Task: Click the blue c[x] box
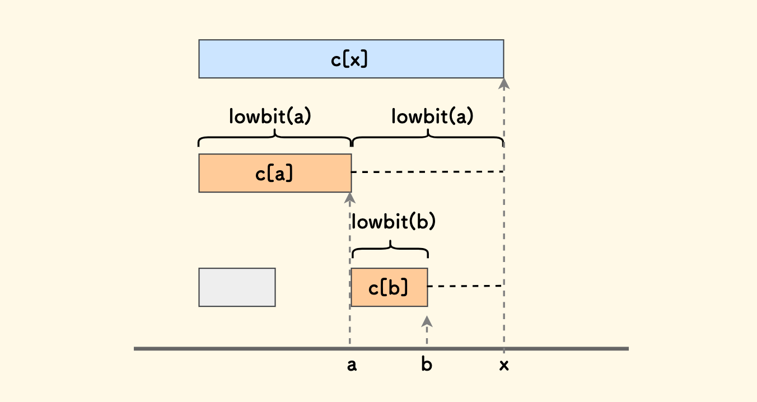[x=351, y=59]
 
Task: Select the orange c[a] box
[x=274, y=174]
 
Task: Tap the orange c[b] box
[x=389, y=287]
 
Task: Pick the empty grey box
[x=237, y=287]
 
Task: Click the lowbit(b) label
[x=393, y=222]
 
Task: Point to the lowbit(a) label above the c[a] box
[x=270, y=116]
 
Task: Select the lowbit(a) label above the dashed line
[x=432, y=116]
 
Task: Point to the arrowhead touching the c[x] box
[x=504, y=83]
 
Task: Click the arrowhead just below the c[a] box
[x=350, y=197]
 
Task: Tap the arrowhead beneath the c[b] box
[x=427, y=321]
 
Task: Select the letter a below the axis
[x=352, y=366]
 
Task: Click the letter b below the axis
[x=427, y=365]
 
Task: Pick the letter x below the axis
[x=504, y=366]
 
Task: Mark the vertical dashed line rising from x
[x=504, y=224]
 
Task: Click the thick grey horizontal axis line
[x=224, y=349]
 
